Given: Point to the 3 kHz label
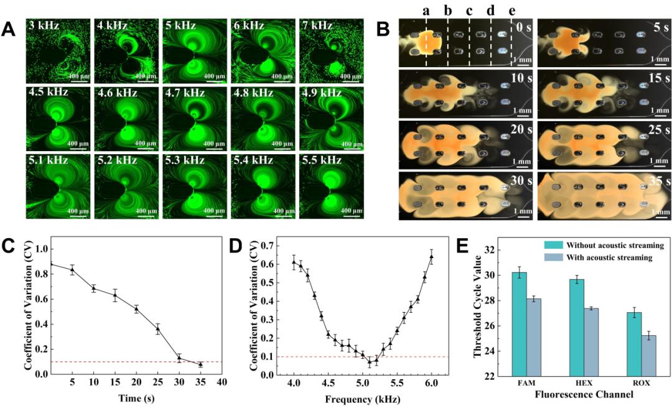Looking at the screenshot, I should point(44,26).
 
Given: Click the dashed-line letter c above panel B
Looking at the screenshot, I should point(469,11).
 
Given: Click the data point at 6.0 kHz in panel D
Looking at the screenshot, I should point(431,256).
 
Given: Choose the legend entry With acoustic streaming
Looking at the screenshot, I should point(606,257).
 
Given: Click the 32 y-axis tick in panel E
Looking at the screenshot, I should point(491,249).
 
